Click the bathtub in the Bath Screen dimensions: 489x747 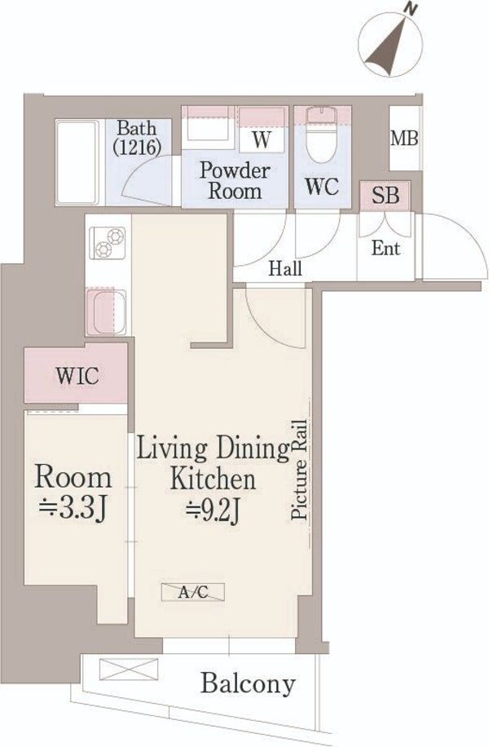[77, 162]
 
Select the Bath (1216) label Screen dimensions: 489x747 [137, 137]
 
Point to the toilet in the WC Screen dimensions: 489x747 [323, 135]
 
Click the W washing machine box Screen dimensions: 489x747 [261, 129]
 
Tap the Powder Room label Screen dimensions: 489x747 [235, 180]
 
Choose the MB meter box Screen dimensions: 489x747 [404, 138]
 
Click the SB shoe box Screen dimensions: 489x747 [385, 195]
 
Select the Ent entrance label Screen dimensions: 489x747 [385, 248]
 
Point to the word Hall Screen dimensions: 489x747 [284, 268]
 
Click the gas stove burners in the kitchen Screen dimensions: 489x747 [109, 242]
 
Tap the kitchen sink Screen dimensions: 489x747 [106, 312]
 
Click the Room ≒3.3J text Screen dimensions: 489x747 [73, 493]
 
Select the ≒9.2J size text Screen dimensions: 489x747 [213, 512]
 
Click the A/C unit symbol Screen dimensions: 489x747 [193, 592]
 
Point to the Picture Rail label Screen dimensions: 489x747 [299, 469]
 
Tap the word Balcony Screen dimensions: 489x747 [248, 684]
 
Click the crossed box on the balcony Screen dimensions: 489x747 [129, 669]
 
